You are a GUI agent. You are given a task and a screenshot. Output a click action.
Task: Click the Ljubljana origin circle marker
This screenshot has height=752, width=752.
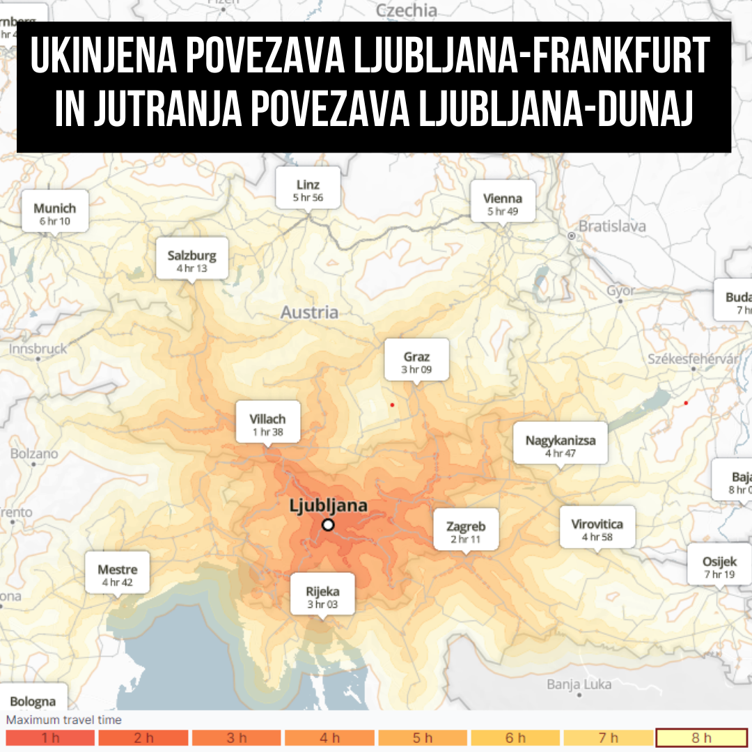point(328,525)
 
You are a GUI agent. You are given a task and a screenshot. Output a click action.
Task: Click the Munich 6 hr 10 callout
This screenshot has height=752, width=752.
point(54,214)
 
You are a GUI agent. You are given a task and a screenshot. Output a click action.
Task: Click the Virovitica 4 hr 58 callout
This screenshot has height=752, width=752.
point(597,529)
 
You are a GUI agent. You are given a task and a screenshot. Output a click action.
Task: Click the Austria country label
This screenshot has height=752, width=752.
point(309,313)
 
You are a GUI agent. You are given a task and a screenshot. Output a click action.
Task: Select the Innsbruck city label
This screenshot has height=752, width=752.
point(38,349)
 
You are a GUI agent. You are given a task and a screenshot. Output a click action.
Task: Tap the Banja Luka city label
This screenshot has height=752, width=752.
point(579,684)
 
